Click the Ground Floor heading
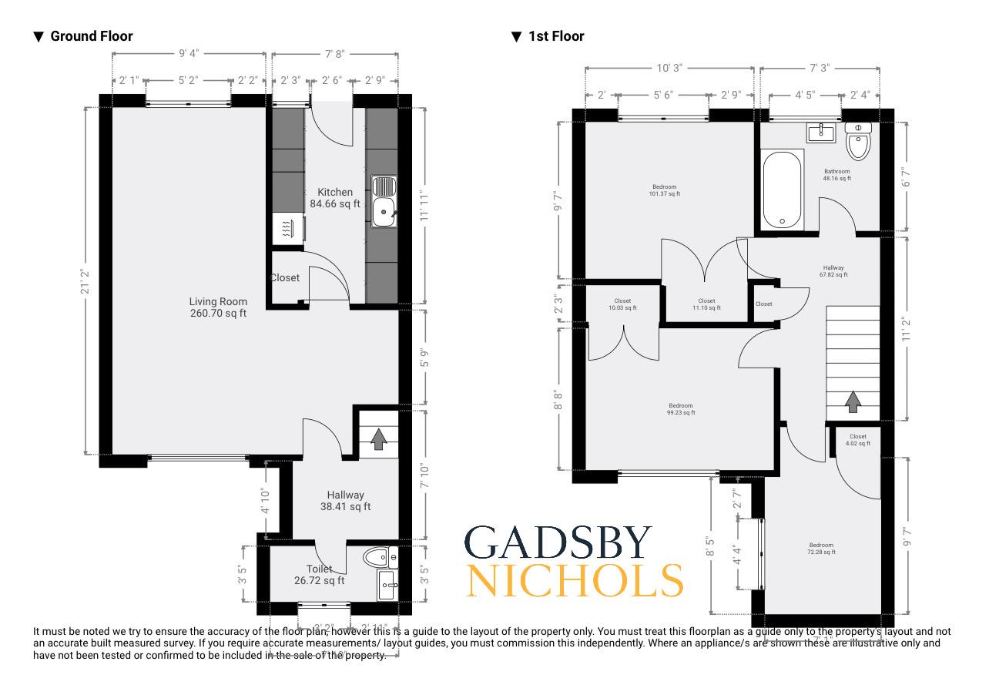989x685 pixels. click(91, 36)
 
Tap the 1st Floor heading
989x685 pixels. click(555, 36)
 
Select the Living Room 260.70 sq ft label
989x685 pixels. click(218, 307)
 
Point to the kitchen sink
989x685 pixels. click(384, 202)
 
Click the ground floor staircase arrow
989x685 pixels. click(378, 438)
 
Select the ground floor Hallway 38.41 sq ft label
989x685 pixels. click(345, 501)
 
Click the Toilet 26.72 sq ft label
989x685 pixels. click(319, 575)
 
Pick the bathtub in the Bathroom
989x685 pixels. click(782, 190)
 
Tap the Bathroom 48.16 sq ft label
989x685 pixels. click(836, 175)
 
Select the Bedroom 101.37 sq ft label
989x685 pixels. click(664, 190)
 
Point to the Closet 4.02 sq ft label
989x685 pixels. click(857, 440)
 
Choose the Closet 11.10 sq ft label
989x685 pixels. click(706, 304)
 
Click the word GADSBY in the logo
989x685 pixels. click(558, 543)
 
